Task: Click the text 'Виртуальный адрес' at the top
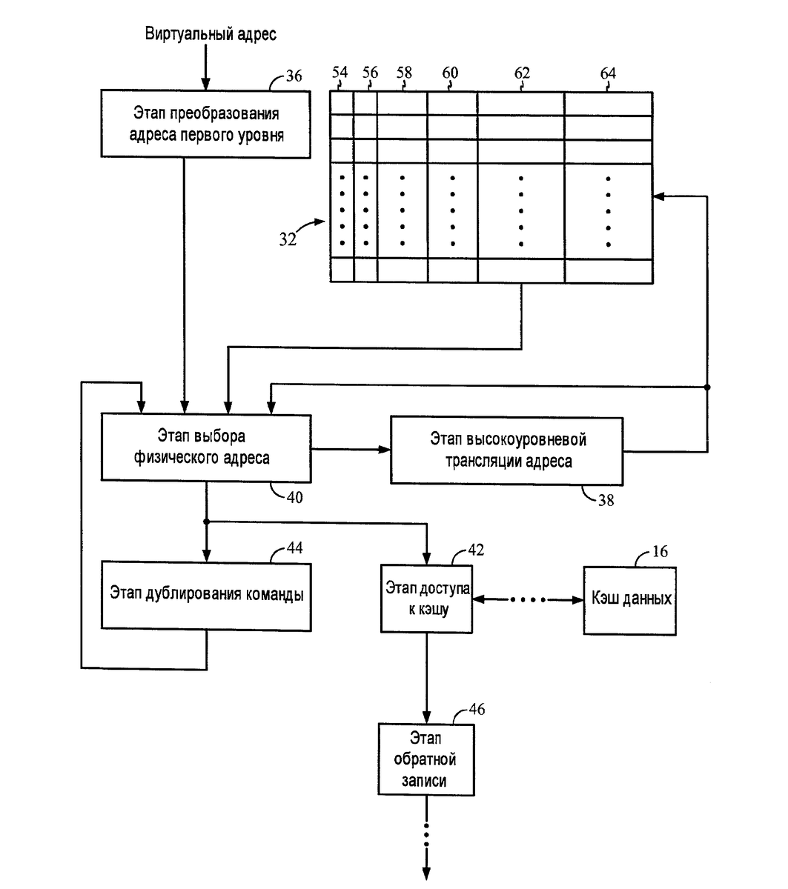click(x=210, y=34)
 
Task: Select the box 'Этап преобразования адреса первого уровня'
click(x=206, y=124)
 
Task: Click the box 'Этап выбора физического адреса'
click(x=206, y=447)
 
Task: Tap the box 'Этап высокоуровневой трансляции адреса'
click(x=508, y=450)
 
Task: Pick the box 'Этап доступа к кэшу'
click(x=426, y=599)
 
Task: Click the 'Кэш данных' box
click(x=629, y=599)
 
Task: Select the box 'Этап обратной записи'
click(x=426, y=759)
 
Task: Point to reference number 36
click(x=294, y=76)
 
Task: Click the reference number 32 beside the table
click(x=289, y=239)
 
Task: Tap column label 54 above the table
click(x=340, y=73)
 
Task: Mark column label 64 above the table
click(x=608, y=73)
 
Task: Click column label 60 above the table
click(x=450, y=73)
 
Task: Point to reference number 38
click(x=606, y=500)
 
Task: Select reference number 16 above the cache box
click(x=660, y=552)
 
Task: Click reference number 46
click(x=477, y=709)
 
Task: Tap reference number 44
click(x=294, y=548)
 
